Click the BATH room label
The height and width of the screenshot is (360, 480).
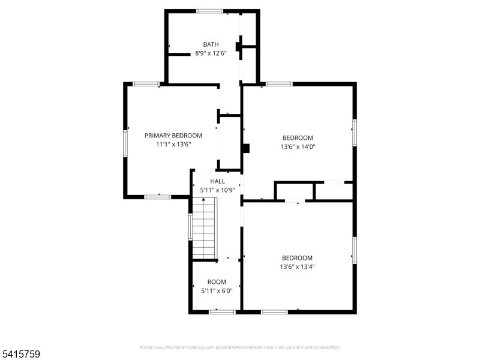pos(211,44)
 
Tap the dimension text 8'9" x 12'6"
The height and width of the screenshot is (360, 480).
pos(211,53)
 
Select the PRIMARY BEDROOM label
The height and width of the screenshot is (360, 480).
pos(173,136)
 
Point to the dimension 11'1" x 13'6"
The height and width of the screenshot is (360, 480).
pos(173,144)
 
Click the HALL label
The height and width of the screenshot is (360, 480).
pos(217,181)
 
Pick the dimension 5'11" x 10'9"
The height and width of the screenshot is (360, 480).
pos(217,190)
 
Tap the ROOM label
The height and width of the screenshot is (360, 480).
pos(217,282)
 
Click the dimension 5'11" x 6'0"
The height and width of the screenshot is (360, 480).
pos(217,290)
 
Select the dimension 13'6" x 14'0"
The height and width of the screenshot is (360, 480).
pos(298,146)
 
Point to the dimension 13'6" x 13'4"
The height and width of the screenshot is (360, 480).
pos(297,266)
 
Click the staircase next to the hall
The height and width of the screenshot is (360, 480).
pos(204,229)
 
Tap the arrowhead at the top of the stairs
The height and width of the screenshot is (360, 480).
pos(203,200)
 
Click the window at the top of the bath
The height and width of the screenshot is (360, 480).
pos(209,11)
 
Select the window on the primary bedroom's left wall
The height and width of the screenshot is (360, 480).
pos(125,143)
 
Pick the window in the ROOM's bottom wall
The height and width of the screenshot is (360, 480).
pos(222,312)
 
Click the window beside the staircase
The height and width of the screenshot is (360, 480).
pos(190,227)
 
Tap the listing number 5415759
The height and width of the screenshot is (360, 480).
pos(20,354)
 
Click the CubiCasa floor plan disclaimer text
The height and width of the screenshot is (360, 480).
pos(239,348)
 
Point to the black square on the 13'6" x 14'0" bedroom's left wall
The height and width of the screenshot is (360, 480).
pos(246,148)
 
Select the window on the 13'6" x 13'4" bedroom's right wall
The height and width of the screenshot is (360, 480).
pos(355,250)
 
